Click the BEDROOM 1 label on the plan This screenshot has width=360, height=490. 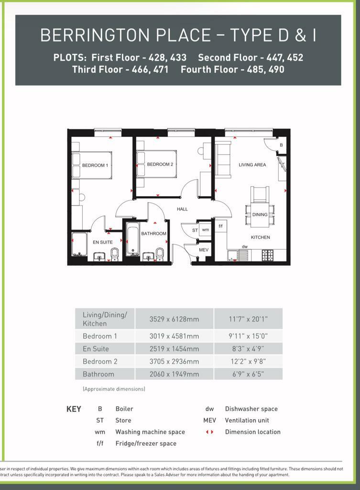[95, 166]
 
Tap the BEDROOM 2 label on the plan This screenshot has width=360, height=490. [160, 165]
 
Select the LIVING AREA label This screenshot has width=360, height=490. [252, 165]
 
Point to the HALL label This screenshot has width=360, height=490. [182, 209]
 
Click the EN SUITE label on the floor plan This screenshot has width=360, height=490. [103, 242]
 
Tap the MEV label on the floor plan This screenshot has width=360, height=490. [204, 250]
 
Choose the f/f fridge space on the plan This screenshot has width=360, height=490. [220, 226]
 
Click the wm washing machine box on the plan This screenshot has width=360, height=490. [206, 230]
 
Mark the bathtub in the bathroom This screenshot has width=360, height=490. [133, 241]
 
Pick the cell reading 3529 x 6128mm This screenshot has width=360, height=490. [174, 319]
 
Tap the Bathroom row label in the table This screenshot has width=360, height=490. [98, 374]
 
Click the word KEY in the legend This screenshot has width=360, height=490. [74, 409]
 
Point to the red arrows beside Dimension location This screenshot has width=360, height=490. [209, 432]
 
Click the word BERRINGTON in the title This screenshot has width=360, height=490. [85, 35]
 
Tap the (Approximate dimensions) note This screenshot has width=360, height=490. [114, 389]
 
